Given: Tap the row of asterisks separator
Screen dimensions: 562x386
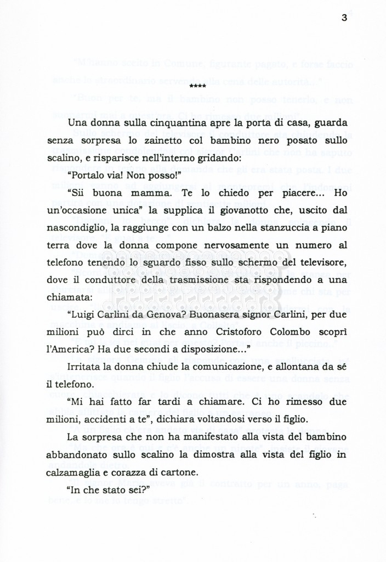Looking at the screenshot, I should (197, 86).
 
